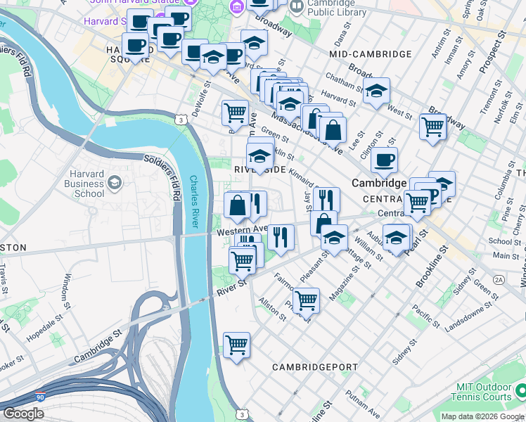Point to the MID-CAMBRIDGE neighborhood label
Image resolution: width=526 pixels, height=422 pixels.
click(x=370, y=54)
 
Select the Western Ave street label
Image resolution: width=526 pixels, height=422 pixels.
click(x=242, y=230)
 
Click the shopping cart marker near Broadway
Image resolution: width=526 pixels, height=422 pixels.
click(x=432, y=127)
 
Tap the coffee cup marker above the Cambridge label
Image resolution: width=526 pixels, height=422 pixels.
click(x=384, y=160)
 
